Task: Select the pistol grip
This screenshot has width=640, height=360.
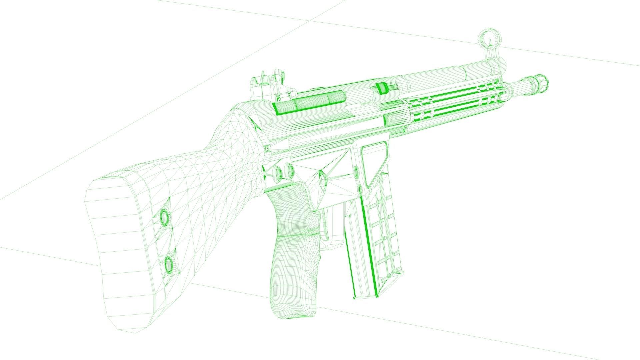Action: (x=292, y=253)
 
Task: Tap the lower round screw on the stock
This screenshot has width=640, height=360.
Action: (x=169, y=264)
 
